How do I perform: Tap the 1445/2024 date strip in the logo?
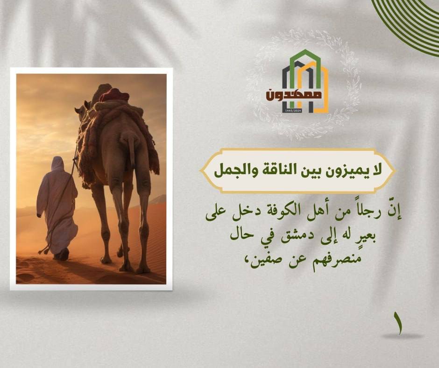292,111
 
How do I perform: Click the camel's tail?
130,149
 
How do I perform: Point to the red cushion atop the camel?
114,95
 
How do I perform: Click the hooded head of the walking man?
58,163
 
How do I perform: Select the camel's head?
82,109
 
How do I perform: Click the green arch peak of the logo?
305,53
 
